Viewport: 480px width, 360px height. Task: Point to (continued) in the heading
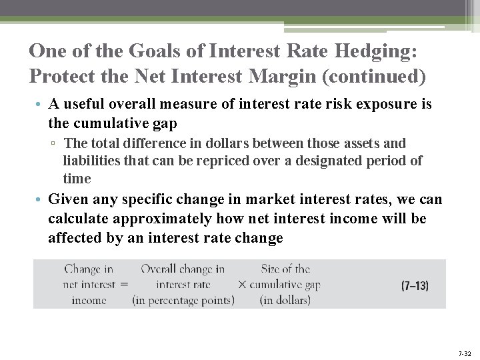coord(373,77)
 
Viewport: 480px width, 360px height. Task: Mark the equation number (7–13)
coord(415,285)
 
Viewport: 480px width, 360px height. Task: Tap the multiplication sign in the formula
coord(242,285)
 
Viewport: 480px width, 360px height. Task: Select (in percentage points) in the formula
coord(183,300)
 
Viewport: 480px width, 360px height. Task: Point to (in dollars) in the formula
coord(285,300)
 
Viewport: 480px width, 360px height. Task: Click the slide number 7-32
coord(464,353)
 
